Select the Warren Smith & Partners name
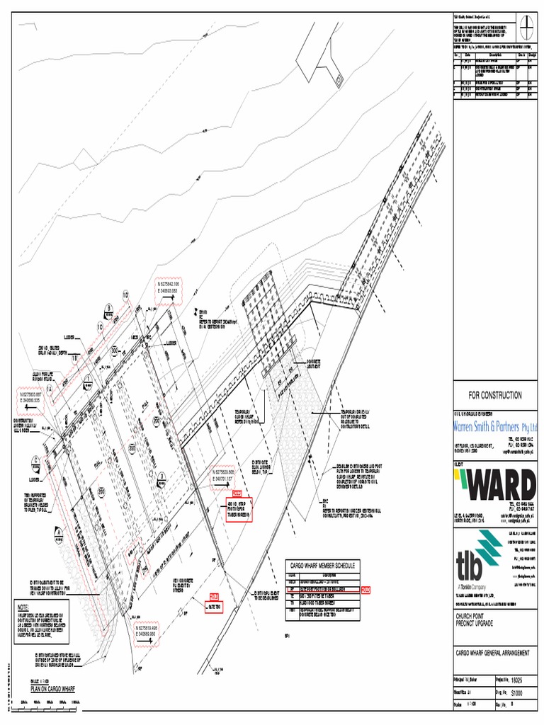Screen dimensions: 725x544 (x=494, y=427)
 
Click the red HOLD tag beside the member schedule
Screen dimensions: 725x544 (x=366, y=589)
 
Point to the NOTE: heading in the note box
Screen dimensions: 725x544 (x=24, y=607)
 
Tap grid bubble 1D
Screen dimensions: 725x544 (x=126, y=295)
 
